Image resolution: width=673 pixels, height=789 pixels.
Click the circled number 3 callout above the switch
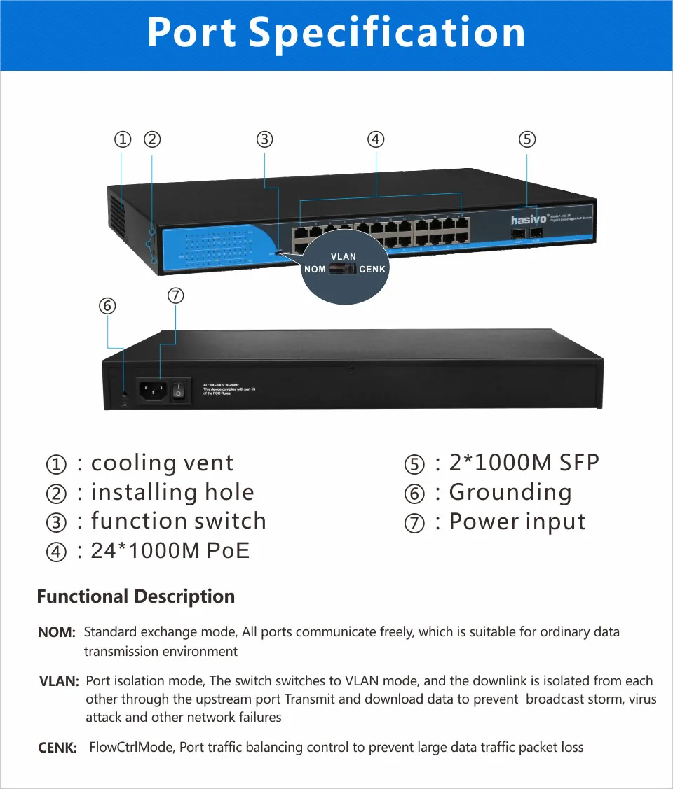coord(264,139)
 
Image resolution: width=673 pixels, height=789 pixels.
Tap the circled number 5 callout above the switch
coord(527,139)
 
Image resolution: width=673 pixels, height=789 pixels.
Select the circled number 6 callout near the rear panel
coord(107,306)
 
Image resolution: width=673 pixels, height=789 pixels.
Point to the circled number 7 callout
coord(176,295)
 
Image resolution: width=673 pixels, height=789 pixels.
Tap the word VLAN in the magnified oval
coord(344,257)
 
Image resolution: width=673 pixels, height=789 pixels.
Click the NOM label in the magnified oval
coord(315,270)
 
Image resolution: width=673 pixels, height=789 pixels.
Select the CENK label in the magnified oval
coord(372,270)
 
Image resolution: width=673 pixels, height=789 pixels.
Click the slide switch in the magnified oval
coord(343,270)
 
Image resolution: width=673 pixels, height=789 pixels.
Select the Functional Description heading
coord(135,596)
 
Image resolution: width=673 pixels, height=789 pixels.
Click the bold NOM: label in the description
coord(57,633)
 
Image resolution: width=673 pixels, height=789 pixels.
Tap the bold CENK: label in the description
coord(57,748)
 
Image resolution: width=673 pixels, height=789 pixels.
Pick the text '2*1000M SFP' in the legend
coord(524,463)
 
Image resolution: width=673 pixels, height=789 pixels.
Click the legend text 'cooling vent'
coord(162,463)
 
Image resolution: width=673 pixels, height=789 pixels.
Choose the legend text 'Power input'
coord(517,522)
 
